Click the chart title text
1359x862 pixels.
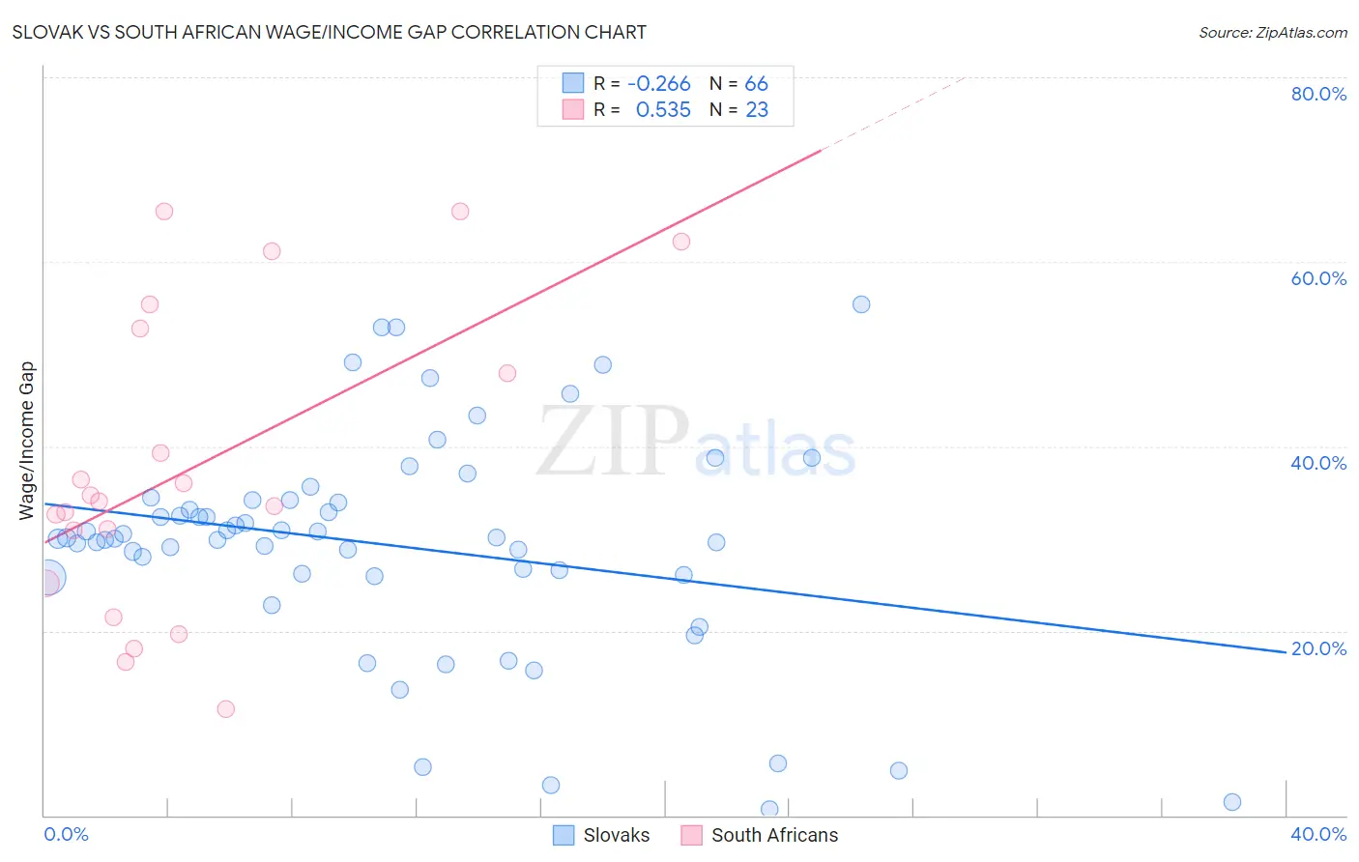pos(329,32)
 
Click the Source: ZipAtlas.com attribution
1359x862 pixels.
pos(1272,32)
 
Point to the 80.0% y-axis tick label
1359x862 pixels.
pos(1318,94)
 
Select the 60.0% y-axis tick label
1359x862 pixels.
pos(1318,278)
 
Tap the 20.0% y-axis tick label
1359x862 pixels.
pos(1318,648)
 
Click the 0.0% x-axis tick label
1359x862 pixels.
pos(66,834)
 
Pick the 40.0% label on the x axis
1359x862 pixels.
pos(1318,834)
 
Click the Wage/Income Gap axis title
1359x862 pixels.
pos(27,441)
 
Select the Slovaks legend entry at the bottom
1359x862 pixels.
pos(601,835)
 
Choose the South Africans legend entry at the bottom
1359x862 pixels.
pos(760,835)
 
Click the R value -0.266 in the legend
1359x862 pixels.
pos(658,83)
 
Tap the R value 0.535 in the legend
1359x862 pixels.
pos(663,109)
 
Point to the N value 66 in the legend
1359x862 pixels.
pos(756,83)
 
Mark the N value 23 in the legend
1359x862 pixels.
pos(757,109)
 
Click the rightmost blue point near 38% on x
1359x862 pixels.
pos(1231,802)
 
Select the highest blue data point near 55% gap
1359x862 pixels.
pos(861,304)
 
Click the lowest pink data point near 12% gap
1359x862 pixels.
pos(226,709)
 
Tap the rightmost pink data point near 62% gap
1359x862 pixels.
pos(681,242)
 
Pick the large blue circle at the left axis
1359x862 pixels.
pos(48,578)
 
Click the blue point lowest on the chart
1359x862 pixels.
pos(769,809)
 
